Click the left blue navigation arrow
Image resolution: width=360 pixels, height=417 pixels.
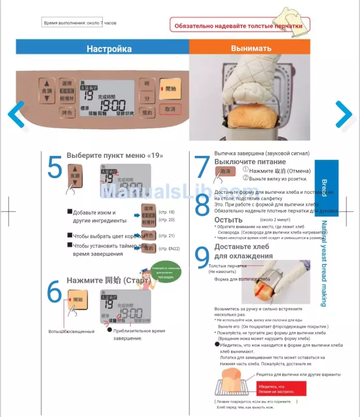[17, 114]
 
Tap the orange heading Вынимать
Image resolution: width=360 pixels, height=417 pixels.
[251, 49]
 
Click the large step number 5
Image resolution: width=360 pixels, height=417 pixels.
[54, 167]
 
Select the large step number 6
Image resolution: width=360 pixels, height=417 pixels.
[54, 292]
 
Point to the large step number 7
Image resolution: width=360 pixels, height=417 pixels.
[202, 167]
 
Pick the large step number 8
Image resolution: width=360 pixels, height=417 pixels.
[202, 206]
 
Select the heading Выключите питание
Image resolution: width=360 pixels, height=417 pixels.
[243, 162]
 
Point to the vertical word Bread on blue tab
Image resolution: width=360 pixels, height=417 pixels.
[324, 188]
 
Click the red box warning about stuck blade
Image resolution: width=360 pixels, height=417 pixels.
[281, 388]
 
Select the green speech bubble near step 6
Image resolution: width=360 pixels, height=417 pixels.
[166, 273]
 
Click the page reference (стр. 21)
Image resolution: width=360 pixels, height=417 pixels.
[166, 236]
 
